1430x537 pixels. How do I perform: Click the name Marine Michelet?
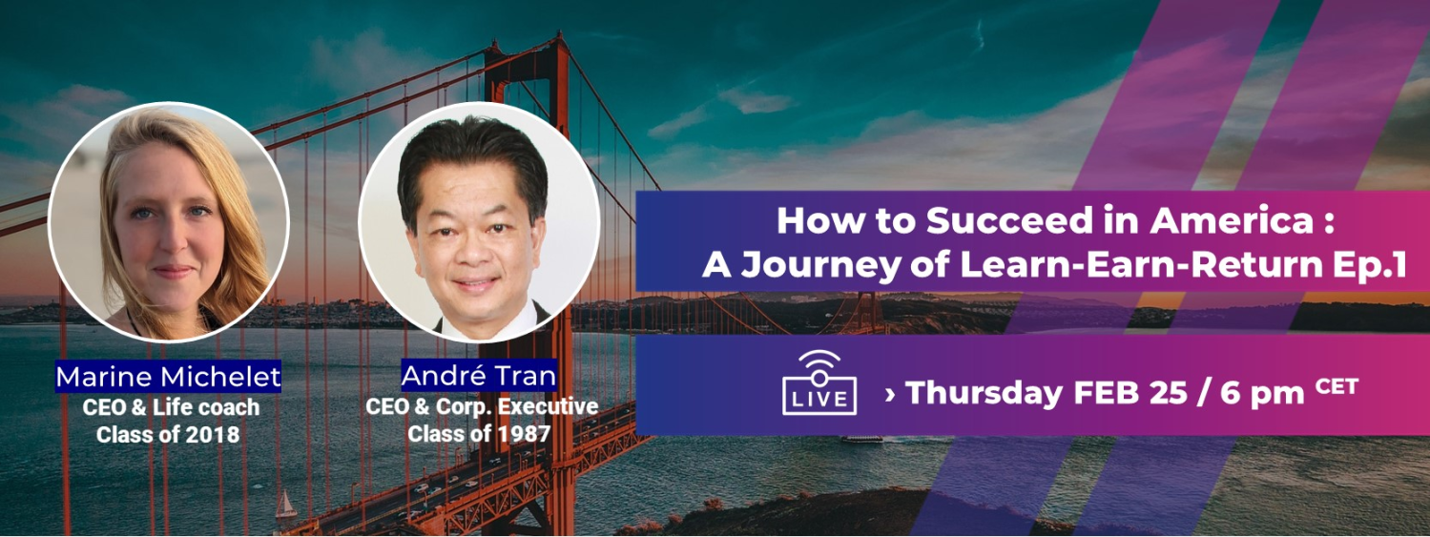168,377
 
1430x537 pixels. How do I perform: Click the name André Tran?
479,376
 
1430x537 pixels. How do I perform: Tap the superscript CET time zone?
1337,386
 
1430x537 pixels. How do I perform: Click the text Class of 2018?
168,435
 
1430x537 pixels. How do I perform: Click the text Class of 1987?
479,434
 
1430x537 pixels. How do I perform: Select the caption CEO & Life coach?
171,407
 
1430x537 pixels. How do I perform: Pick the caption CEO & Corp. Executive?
482,406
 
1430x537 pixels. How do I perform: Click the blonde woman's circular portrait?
169,221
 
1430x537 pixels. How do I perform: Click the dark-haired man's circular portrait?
479,221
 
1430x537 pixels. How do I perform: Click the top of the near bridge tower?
527,45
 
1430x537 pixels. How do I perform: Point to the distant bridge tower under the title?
865,313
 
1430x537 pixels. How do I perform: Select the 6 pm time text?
1262,393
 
